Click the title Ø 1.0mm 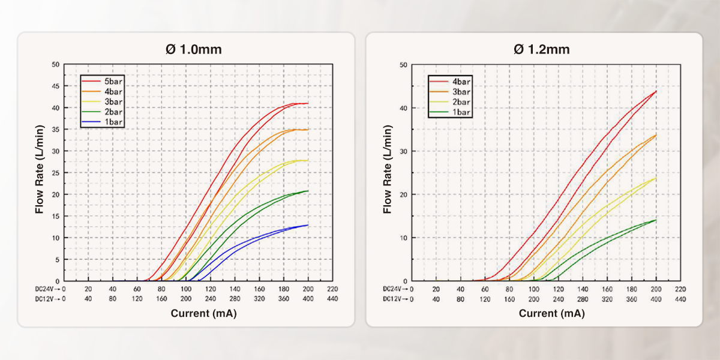click(x=193, y=49)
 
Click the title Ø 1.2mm click(x=541, y=49)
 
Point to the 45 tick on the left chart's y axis click(x=55, y=86)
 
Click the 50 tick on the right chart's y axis click(x=404, y=65)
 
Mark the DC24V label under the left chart click(x=46, y=289)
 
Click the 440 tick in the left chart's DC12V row click(x=332, y=298)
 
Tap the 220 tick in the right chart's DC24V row click(x=680, y=289)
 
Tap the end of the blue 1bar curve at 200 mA click(x=308, y=225)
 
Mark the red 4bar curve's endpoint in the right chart click(x=656, y=91)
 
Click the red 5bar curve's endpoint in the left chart click(x=308, y=103)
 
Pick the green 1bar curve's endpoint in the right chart click(x=656, y=220)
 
